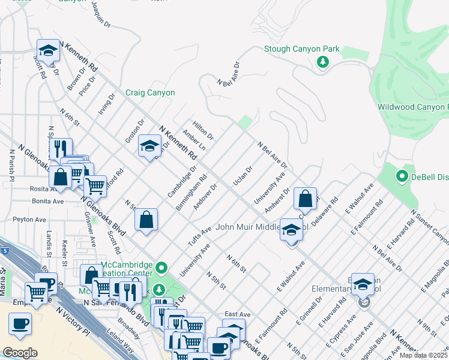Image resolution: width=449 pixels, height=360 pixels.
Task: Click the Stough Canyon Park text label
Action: tap(302, 49)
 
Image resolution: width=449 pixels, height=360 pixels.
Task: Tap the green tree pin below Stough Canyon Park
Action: tap(323, 62)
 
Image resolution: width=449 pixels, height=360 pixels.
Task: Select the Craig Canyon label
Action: tap(150, 93)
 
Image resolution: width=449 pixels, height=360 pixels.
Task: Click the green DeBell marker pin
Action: tap(402, 176)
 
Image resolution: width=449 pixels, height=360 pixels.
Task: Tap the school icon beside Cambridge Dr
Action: tap(149, 146)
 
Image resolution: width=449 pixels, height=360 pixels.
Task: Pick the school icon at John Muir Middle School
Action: tap(291, 230)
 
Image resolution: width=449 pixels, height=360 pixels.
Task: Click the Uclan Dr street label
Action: tap(243, 176)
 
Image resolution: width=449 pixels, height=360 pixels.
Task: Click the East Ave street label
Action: tap(237, 314)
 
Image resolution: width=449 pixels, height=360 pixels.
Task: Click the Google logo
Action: tap(20, 352)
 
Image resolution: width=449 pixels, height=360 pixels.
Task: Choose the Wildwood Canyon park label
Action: tap(412, 107)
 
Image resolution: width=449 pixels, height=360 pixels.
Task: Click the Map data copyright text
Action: tap(424, 355)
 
